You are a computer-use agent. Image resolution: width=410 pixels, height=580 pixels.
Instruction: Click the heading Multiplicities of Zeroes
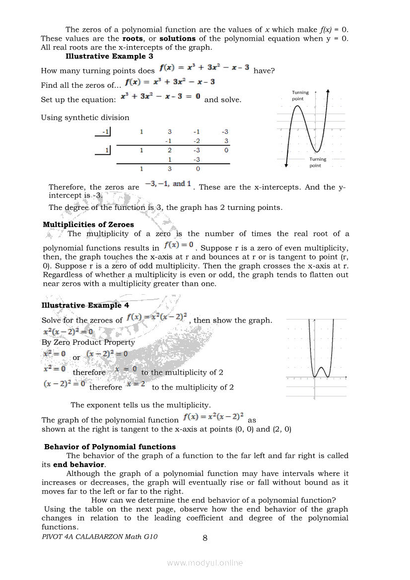[x=88, y=225]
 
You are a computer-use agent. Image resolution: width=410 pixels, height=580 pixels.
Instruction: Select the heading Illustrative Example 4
[x=85, y=305]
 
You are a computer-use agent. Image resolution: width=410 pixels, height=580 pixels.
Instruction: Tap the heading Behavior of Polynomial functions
[x=110, y=447]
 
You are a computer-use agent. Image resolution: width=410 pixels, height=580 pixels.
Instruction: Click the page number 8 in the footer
[x=205, y=537]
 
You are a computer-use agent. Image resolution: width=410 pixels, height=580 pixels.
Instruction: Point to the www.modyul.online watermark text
[x=205, y=563]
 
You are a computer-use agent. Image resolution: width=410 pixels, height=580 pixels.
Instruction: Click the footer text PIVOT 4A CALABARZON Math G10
[x=100, y=536]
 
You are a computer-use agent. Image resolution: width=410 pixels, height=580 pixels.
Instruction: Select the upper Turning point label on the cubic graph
[x=300, y=95]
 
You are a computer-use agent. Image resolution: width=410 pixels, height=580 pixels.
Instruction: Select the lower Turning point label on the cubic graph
[x=318, y=162]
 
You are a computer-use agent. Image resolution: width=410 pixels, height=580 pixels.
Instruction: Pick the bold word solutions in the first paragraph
[x=177, y=38]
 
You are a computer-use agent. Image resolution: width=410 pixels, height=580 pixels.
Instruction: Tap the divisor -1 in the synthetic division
[x=105, y=131]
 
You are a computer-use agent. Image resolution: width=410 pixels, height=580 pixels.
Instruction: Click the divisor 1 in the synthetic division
[x=107, y=149]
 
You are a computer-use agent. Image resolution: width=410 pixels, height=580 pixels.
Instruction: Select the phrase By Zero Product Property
[x=88, y=342]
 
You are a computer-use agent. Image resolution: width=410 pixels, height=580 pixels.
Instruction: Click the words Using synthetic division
[x=85, y=118]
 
